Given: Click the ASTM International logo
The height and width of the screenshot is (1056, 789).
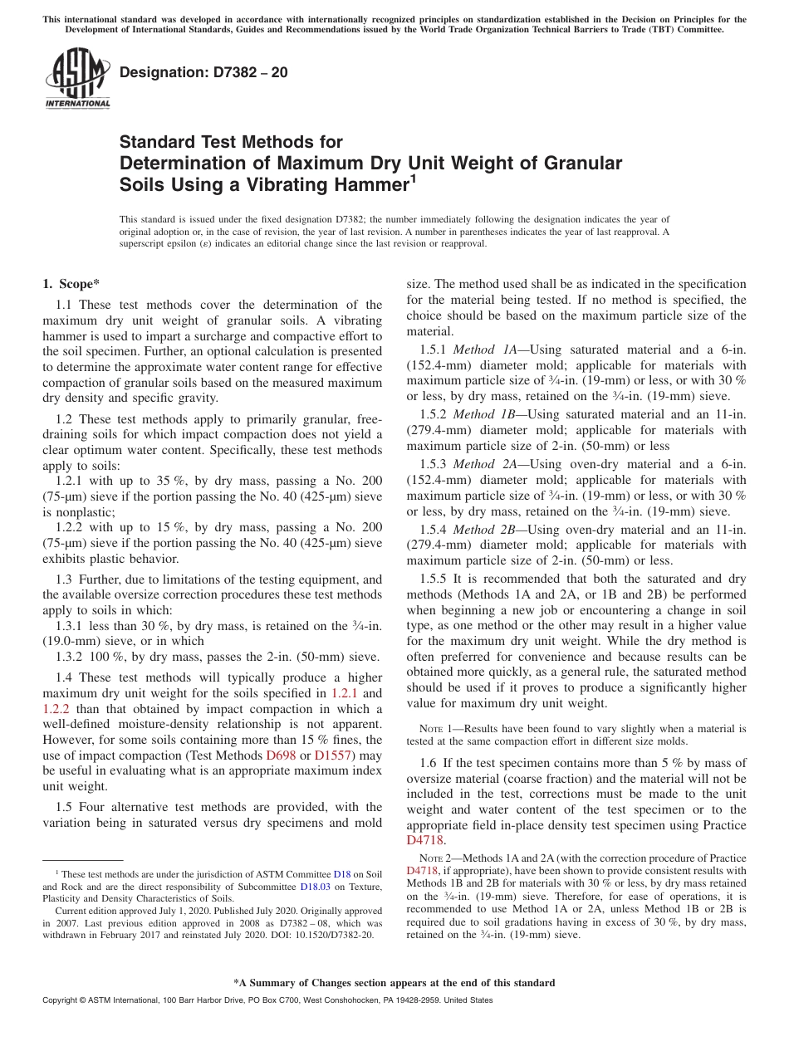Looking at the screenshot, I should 77,79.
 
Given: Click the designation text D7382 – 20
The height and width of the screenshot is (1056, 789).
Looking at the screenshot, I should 203,72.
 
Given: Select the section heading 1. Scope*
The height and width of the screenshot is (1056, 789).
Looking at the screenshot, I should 71,284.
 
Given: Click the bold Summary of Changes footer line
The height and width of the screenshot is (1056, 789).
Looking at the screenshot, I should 394,983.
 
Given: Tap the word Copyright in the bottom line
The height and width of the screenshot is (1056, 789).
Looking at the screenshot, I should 62,1000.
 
